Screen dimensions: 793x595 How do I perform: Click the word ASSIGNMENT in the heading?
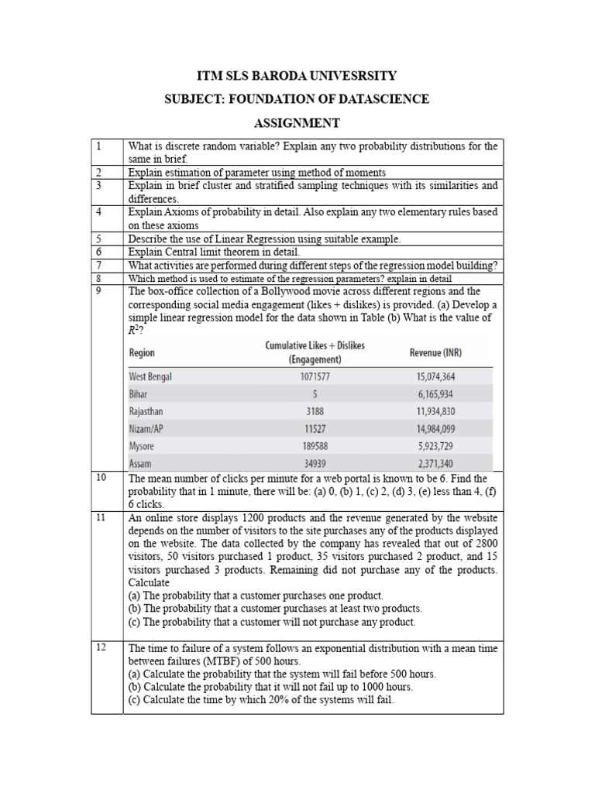pos(297,123)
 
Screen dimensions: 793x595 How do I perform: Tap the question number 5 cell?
pos(99,239)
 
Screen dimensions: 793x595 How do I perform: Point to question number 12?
pos(101,648)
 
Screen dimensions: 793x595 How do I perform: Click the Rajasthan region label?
pos(146,412)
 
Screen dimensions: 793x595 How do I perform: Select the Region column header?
pos(142,353)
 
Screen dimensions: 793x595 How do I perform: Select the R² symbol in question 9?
pos(135,330)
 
